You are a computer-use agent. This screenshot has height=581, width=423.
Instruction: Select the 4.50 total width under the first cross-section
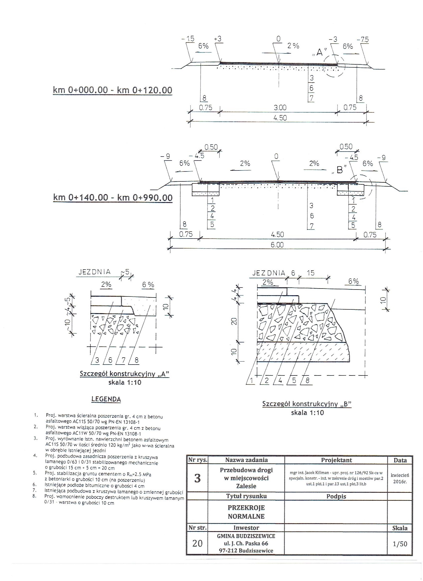(x=280, y=118)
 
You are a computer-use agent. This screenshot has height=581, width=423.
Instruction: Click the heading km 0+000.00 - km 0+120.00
(x=112, y=90)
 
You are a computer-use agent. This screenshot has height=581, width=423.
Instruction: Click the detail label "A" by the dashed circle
(x=319, y=52)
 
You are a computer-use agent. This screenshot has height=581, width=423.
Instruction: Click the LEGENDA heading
(x=106, y=399)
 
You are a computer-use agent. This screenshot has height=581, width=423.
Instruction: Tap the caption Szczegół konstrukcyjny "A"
(x=124, y=374)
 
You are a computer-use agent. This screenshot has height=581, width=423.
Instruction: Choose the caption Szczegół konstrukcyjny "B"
(x=307, y=404)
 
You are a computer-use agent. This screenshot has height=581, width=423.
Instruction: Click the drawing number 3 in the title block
(x=197, y=478)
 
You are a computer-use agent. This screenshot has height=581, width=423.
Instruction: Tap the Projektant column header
(x=336, y=460)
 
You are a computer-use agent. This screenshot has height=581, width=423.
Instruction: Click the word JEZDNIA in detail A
(x=94, y=272)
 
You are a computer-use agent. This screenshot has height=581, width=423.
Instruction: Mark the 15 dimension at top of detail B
(x=310, y=273)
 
